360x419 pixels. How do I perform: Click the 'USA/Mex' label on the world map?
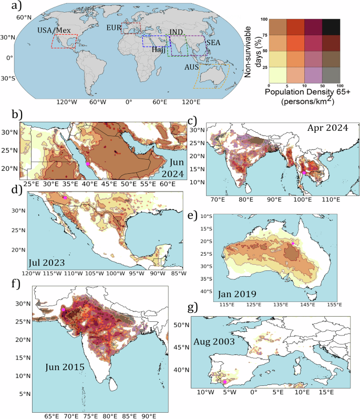point(54,30)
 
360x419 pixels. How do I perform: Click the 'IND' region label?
point(177,32)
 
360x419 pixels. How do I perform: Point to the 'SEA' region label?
point(213,42)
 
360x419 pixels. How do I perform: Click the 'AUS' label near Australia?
point(191,68)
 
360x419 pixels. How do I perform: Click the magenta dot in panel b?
point(87,164)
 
